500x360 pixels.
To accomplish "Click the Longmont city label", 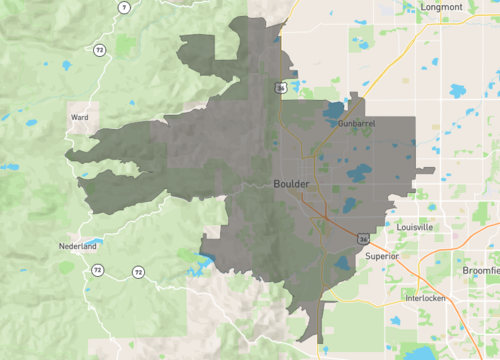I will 442,7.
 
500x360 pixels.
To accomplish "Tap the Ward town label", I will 80,117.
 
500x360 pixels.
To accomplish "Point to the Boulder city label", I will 291,184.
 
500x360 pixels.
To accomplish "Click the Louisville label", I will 414,227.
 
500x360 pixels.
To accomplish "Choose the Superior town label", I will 382,256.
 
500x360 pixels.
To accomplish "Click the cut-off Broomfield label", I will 481,270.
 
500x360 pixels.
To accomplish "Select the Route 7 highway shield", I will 123,7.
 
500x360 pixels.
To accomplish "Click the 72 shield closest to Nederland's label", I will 97,270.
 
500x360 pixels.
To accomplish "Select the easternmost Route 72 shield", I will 136,272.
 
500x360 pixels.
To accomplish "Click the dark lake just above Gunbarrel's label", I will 334,110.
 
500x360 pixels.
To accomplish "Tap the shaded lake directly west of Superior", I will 342,264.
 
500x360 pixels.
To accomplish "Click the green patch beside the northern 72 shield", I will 125,45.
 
